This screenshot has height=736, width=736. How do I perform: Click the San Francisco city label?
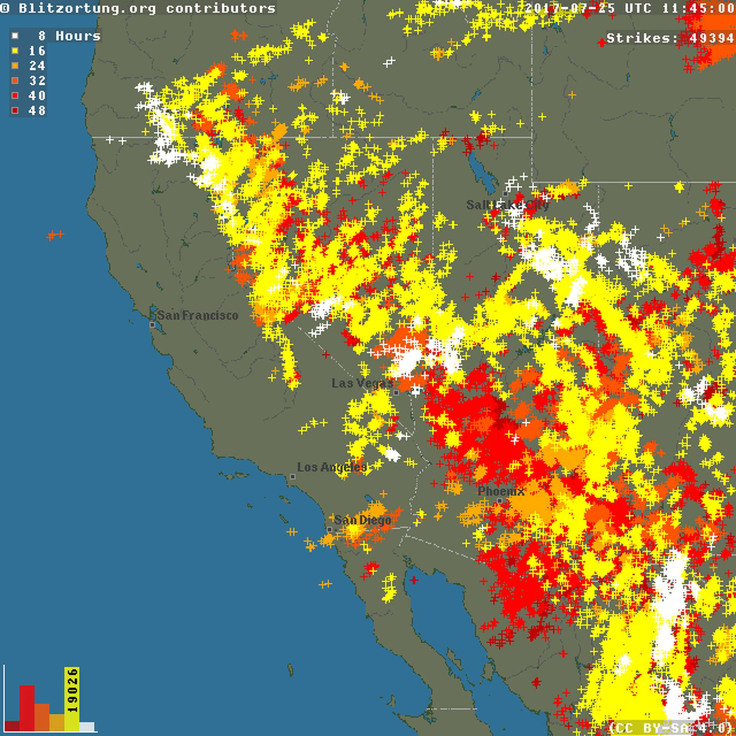pyautogui.click(x=197, y=315)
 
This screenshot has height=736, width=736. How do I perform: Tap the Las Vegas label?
pyautogui.click(x=362, y=383)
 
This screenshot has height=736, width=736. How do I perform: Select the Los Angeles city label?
pyautogui.click(x=332, y=467)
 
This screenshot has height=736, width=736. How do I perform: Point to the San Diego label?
pyautogui.click(x=362, y=520)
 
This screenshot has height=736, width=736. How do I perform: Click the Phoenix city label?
pyautogui.click(x=501, y=491)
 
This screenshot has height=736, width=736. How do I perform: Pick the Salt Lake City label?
pyautogui.click(x=507, y=205)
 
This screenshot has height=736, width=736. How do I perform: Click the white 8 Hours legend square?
pyautogui.click(x=15, y=36)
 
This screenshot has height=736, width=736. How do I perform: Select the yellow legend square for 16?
pyautogui.click(x=15, y=51)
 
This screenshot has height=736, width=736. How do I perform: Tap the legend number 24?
pyautogui.click(x=37, y=66)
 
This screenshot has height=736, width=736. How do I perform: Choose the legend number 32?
pyautogui.click(x=37, y=80)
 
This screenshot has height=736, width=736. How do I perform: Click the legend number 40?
pyautogui.click(x=37, y=95)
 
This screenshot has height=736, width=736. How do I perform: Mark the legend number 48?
pyautogui.click(x=37, y=110)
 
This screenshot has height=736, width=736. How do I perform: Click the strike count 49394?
pyautogui.click(x=711, y=38)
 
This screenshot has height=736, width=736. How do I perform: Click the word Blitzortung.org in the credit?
pyautogui.click(x=88, y=8)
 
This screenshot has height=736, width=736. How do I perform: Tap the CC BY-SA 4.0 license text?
pyautogui.click(x=671, y=727)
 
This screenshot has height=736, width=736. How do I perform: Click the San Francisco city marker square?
pyautogui.click(x=152, y=325)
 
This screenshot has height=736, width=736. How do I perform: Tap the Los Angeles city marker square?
pyautogui.click(x=292, y=476)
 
